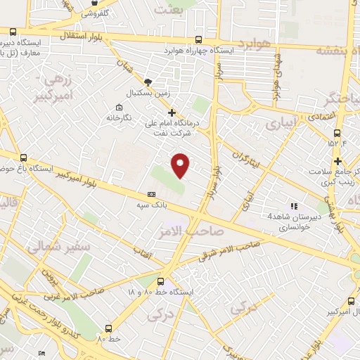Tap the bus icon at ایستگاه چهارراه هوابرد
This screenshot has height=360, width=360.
point(198,40)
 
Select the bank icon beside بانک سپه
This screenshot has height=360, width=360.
point(151,194)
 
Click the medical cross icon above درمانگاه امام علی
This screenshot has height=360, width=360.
point(172,112)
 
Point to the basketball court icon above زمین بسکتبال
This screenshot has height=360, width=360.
point(148,82)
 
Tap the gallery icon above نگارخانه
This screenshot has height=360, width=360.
point(117,108)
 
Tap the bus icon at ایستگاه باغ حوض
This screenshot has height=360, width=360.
point(25,158)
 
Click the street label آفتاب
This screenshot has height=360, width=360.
point(143,251)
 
